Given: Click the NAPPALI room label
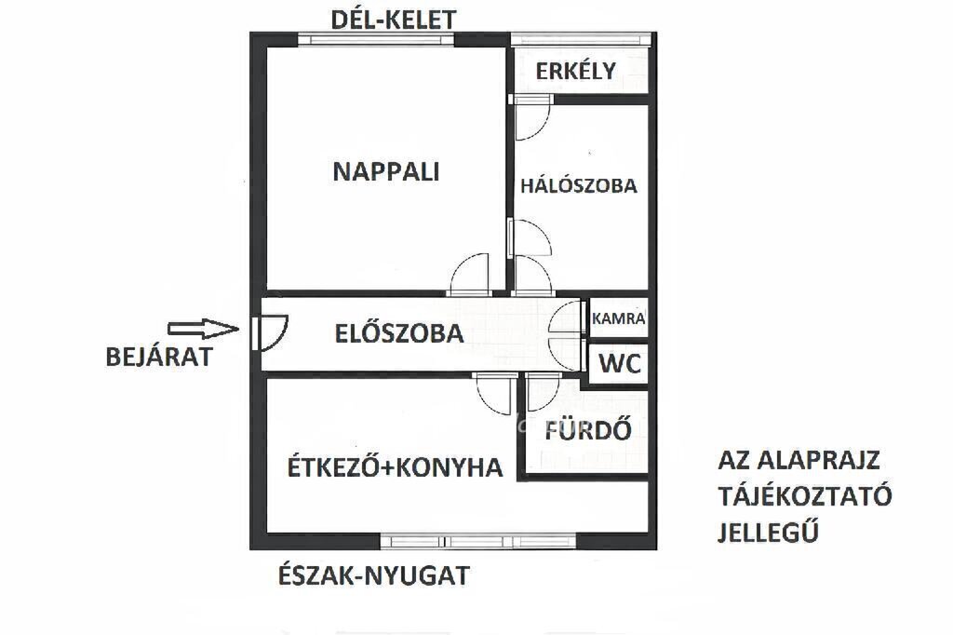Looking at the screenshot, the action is coord(386,172).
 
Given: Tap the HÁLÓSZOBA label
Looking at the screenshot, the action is coord(579,185).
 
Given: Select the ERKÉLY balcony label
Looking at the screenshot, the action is coord(575,71).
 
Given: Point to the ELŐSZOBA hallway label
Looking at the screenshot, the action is coord(399,333).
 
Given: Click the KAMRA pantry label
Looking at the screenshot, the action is coord(618,318).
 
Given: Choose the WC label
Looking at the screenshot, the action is coord(620,364).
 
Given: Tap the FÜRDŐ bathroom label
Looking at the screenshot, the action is coord(588,430).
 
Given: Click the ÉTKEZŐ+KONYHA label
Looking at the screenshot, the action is coord(395,467).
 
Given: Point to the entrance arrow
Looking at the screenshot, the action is coord(203,329).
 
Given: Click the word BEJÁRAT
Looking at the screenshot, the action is coord(159,357).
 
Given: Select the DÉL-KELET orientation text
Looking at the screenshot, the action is coord(394,20).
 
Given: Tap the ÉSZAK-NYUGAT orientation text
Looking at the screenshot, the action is coord(374,575).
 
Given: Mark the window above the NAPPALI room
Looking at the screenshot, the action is coord(376,39).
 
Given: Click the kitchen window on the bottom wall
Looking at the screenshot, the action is coord(477,541).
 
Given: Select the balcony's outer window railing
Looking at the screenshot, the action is coord(581,39).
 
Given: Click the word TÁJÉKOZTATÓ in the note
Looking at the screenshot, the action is coord(805,495).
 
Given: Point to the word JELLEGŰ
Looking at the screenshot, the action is coord(768,531).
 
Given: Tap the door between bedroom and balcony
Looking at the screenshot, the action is coord(530,117).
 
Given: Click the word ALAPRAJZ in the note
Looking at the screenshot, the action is coord(819,460).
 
